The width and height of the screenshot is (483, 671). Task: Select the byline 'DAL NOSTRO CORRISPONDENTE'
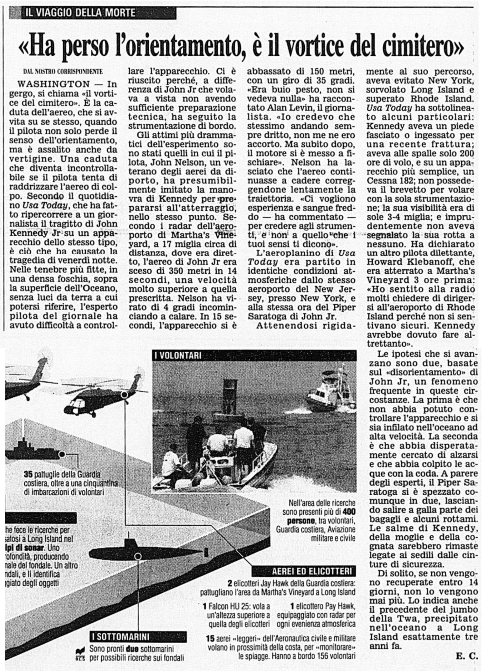click(x=63, y=72)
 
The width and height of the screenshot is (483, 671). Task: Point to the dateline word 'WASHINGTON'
click(x=54, y=84)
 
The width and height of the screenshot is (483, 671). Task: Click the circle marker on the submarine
click(x=137, y=556)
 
